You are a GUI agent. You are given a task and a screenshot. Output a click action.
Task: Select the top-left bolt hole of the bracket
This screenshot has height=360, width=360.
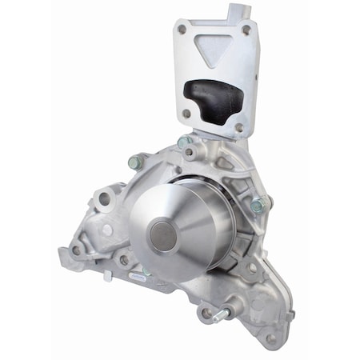(x=182, y=29)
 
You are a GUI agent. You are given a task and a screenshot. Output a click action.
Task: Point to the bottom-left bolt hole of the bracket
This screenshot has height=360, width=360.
(x=186, y=114)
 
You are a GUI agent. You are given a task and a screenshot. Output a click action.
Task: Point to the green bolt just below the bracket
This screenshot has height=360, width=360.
(x=186, y=145)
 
